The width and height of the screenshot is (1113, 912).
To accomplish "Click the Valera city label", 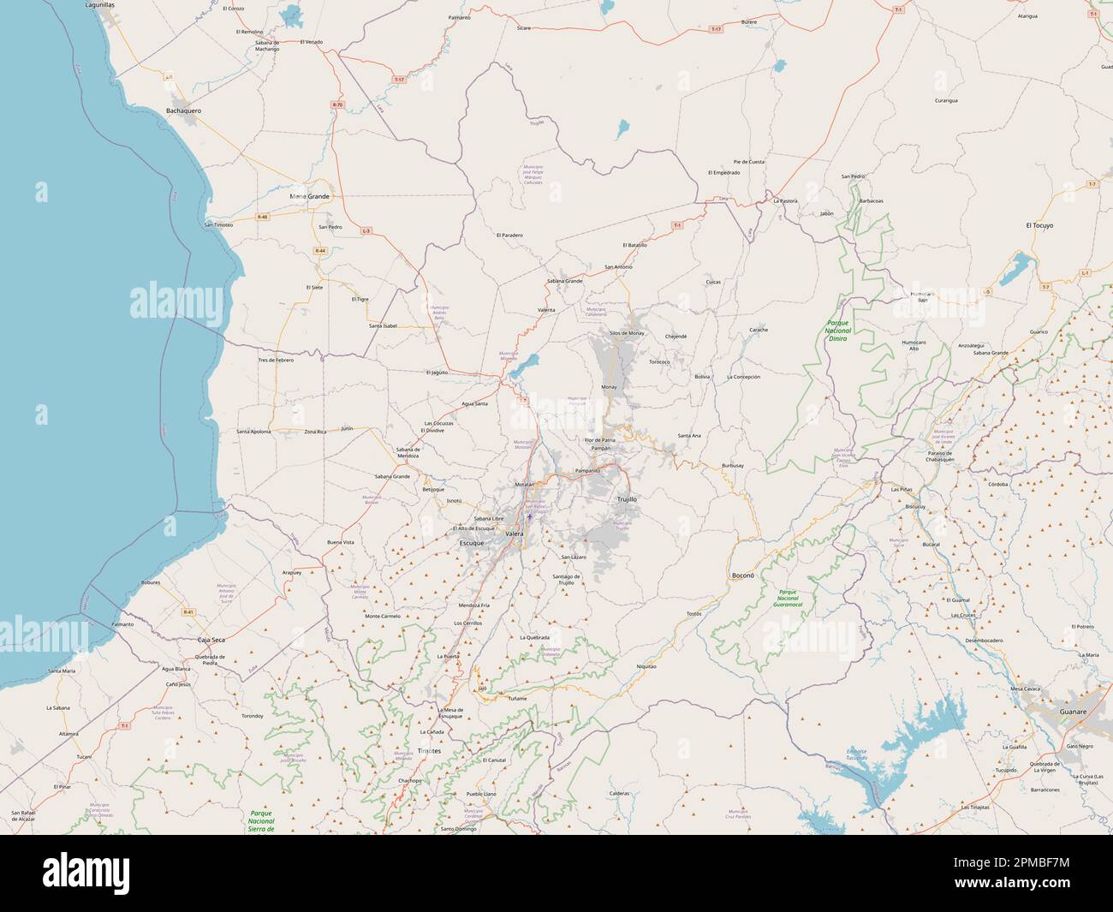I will point(515,533).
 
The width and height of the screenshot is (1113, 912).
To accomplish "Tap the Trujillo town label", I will point(628,498).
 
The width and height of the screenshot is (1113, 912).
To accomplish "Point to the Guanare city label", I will point(1073,712).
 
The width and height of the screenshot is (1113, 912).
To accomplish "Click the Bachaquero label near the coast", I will point(183,110).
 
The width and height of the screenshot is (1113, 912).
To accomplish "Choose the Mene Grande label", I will point(309,196).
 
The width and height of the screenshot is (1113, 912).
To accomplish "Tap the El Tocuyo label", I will point(1039,225).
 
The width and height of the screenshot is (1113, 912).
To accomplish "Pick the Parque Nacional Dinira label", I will point(837,331).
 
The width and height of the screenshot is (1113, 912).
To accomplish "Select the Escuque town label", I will point(472,544).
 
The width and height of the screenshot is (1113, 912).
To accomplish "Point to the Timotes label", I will point(429,750).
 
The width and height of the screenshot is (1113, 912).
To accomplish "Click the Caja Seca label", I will point(211,640).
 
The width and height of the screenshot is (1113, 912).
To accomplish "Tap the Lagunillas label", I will point(100,5).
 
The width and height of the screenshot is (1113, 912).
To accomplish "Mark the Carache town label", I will point(759,330).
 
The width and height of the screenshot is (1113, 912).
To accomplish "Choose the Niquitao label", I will point(646,665).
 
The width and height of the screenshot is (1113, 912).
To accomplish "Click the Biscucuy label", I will point(914,506).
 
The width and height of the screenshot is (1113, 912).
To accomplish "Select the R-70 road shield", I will point(337,104).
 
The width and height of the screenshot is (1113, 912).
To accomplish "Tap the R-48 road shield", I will point(262,217).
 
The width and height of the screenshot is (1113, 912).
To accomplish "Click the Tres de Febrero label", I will point(276,361).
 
